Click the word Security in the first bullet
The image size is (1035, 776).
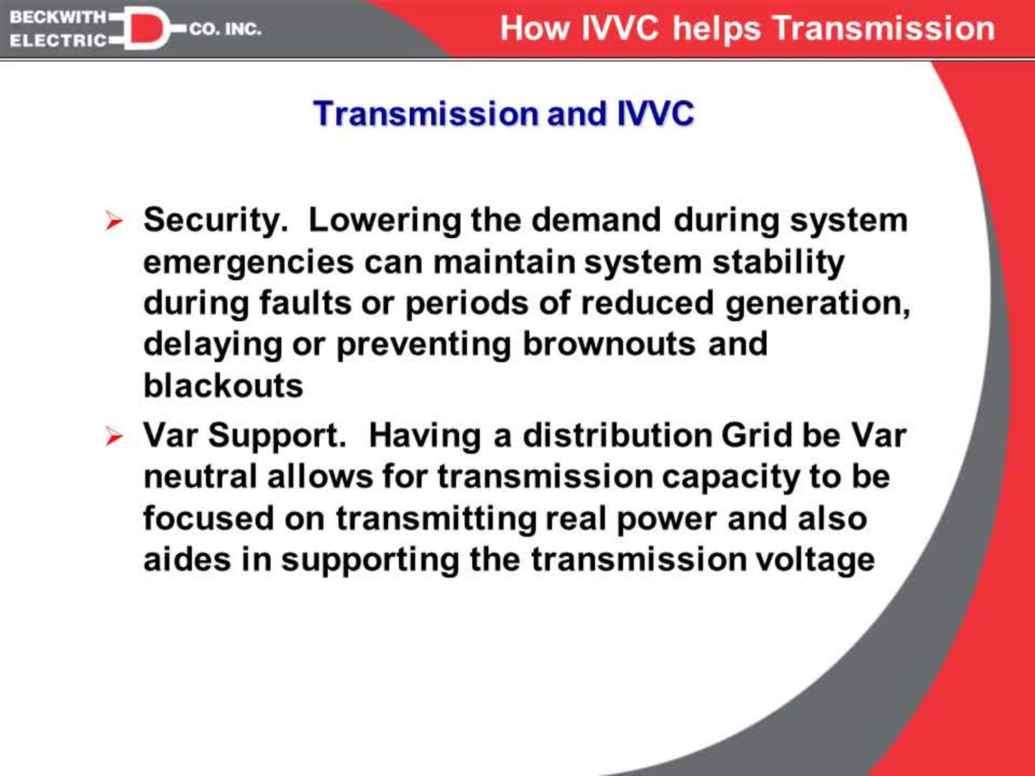(214, 221)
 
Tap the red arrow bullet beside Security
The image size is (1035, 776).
(114, 221)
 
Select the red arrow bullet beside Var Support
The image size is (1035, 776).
(114, 435)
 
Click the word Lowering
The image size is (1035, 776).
(384, 221)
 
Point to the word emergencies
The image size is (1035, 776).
(248, 262)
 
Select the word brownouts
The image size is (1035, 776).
(609, 344)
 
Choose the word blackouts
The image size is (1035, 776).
(223, 386)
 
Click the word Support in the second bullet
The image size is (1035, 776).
(277, 436)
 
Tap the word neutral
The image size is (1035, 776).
(200, 476)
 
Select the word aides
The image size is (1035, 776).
(187, 560)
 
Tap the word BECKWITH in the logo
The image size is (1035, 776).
(57, 17)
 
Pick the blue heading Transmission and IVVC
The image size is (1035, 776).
(504, 114)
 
